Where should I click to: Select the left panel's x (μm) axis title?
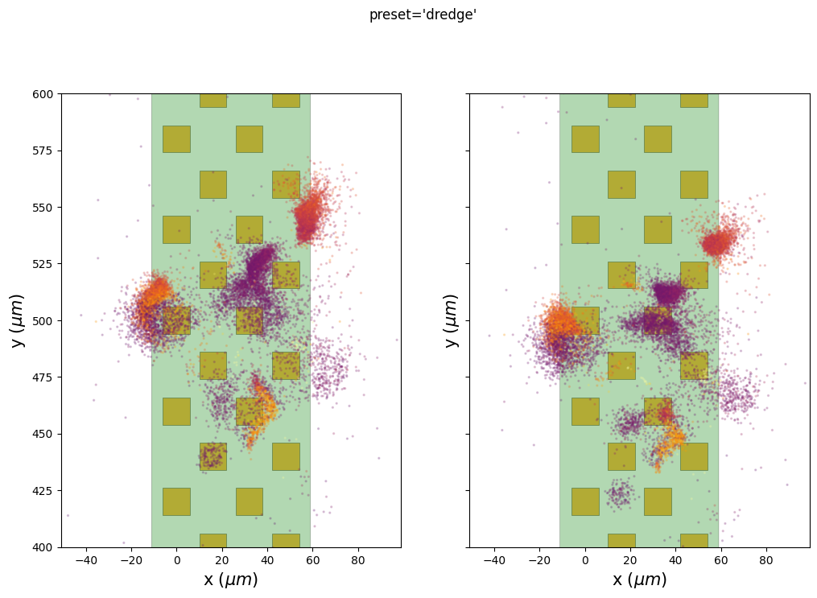(x=231, y=579)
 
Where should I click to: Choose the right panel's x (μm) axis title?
(x=639, y=579)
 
